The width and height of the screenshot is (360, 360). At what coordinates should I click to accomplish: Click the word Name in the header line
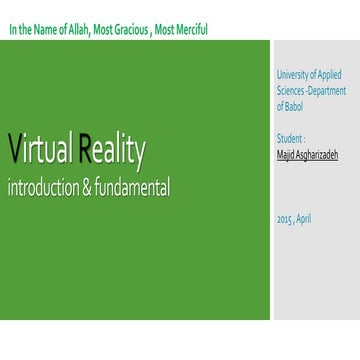point(44,28)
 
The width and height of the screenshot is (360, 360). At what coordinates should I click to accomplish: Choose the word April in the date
point(305,217)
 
